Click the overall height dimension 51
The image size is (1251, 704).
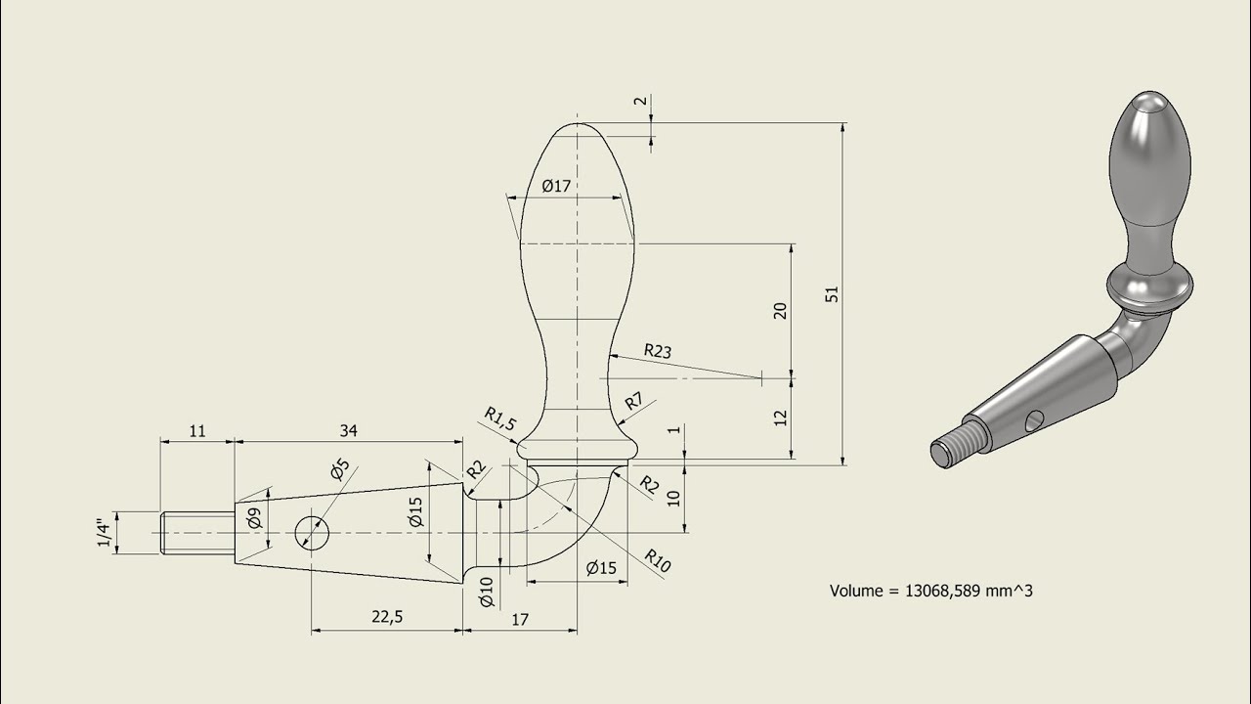click(x=833, y=293)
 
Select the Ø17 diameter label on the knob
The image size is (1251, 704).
click(x=555, y=186)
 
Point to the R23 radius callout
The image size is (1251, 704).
click(x=657, y=350)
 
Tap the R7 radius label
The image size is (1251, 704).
click(x=634, y=400)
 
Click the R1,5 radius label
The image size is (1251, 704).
click(x=499, y=420)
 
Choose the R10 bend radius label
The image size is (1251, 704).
click(x=657, y=560)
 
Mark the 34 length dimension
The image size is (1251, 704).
click(x=347, y=429)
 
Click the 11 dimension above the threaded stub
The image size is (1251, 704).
click(x=196, y=429)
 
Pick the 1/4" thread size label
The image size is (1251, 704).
click(x=102, y=533)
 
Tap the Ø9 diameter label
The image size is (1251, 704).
click(x=252, y=518)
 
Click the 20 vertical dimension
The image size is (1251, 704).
click(x=780, y=310)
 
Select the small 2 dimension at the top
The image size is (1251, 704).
click(x=639, y=102)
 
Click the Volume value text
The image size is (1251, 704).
click(x=930, y=591)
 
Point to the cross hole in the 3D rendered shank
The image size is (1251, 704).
click(x=1033, y=420)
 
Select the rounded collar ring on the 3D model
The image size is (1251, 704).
click(x=1150, y=286)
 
